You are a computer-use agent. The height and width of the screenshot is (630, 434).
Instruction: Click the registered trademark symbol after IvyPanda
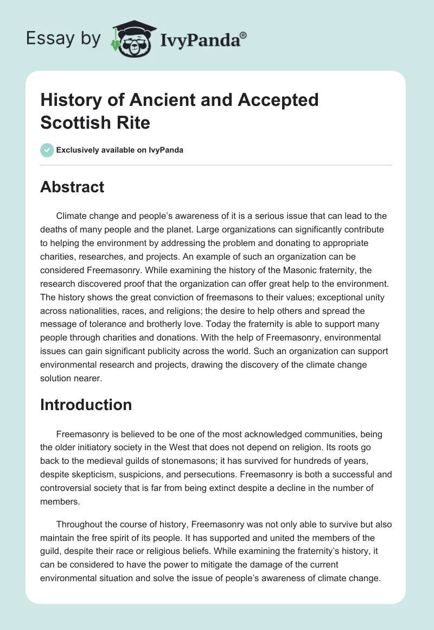tap(244, 35)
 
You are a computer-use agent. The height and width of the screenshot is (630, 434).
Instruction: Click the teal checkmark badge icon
tap(47, 150)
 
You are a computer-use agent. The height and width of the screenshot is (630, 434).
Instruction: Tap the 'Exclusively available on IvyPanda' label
tap(120, 150)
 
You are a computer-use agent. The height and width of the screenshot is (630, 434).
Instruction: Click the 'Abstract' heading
tap(72, 187)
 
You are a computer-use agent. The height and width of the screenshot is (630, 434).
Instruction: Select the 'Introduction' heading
tap(86, 405)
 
